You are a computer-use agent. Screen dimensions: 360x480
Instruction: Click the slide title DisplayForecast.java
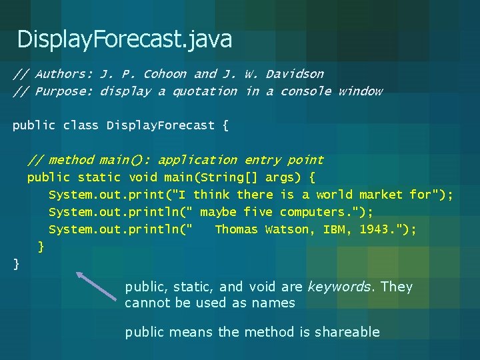pos(125,39)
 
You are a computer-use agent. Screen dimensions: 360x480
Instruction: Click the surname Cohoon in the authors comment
pos(165,74)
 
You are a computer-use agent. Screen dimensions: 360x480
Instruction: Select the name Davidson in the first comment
pos(294,74)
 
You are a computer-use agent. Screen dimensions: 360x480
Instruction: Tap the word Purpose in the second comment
pos(65,91)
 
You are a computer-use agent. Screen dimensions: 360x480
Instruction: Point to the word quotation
pos(204,91)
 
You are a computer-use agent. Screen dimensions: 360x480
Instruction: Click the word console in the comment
pos(305,91)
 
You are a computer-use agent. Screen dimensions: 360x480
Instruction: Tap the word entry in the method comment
pos(262,160)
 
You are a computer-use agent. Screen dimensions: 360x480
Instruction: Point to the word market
pos(381,195)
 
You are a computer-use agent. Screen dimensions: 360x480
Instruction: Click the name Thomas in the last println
pos(236,229)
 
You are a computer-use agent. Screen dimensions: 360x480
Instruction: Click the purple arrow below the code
pos(96,287)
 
